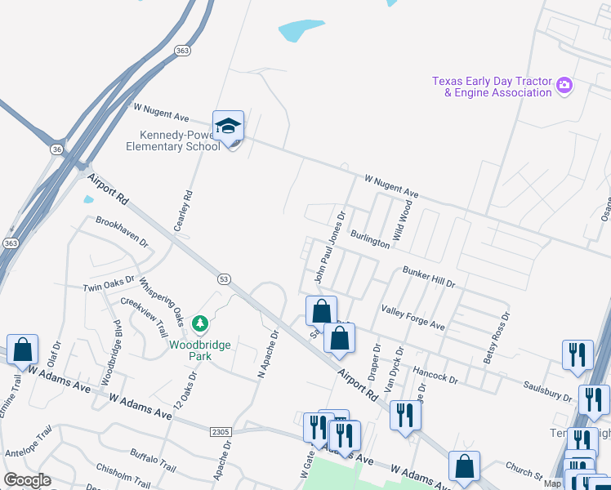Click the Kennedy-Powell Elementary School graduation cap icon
(x=229, y=126)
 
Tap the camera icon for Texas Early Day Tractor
(x=564, y=85)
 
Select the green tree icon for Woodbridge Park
(x=199, y=325)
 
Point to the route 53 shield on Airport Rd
(x=223, y=278)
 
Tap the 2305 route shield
(x=221, y=431)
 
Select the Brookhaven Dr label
(x=122, y=232)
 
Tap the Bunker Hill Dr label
(x=428, y=276)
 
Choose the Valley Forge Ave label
(x=413, y=318)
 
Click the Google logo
(x=27, y=480)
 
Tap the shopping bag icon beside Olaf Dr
(x=22, y=349)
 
